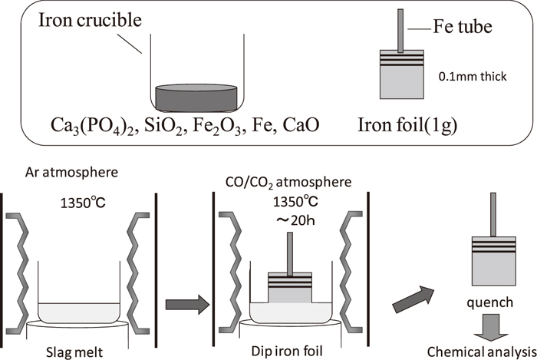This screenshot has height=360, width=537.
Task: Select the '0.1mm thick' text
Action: point(469,77)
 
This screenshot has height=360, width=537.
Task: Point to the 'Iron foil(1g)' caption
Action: point(415,122)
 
